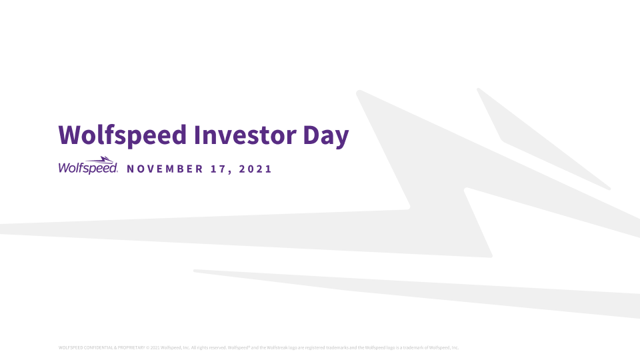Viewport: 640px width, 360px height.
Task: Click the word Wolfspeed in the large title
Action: [x=123, y=135]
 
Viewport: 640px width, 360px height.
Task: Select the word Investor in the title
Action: [x=245, y=135]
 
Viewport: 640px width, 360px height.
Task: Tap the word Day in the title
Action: [x=326, y=136]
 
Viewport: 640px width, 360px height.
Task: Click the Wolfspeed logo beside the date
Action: [x=88, y=165]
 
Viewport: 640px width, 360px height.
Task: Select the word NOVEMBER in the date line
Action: [x=165, y=169]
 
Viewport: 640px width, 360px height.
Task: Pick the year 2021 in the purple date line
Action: [x=255, y=169]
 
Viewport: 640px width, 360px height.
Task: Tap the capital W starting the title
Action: [x=69, y=135]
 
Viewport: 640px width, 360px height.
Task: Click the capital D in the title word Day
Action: [x=311, y=135]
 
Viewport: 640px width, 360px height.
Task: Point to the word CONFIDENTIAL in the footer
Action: [x=98, y=348]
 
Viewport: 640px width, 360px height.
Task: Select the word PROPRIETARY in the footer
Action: [x=131, y=348]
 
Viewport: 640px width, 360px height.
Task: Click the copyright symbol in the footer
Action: [x=148, y=348]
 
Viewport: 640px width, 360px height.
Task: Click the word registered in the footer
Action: [x=314, y=348]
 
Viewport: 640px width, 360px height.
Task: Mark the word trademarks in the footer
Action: [x=337, y=348]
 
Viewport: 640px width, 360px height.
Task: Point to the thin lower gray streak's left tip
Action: [x=195, y=271]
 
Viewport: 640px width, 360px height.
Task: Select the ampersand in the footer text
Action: [x=115, y=348]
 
